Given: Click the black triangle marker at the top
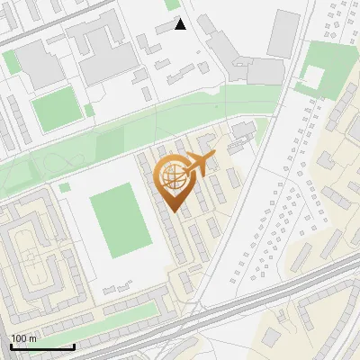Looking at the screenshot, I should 180,24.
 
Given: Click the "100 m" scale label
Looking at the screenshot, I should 23,338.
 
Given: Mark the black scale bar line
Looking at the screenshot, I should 41,346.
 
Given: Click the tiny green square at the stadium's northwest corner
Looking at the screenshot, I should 65,187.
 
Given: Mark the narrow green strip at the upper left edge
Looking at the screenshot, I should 9,60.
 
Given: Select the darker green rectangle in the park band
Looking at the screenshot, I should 109,145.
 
